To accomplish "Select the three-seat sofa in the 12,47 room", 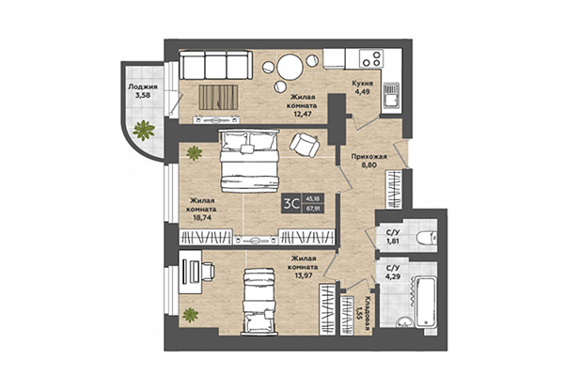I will pos(214,65).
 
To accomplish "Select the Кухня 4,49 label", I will pos(365,86).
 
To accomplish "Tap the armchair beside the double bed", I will pos(305,144).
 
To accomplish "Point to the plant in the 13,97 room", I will pos(192,313).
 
